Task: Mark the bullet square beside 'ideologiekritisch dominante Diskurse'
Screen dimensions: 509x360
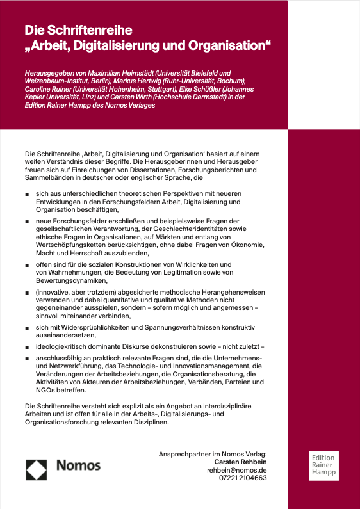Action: pyautogui.click(x=27, y=346)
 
